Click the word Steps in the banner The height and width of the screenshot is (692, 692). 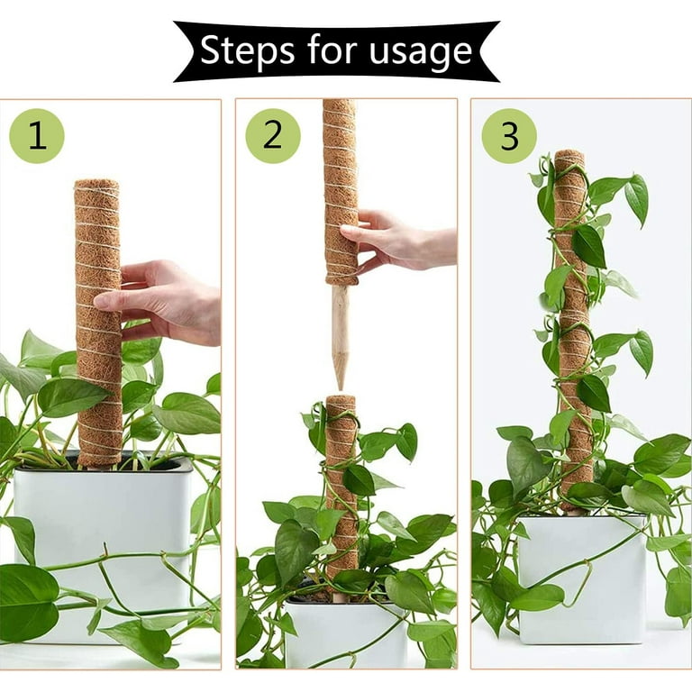tap(247, 50)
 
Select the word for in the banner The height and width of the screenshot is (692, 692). tap(332, 50)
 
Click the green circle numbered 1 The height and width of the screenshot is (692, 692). tap(37, 136)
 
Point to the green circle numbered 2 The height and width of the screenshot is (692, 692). tap(273, 135)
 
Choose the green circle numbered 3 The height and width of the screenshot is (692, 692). tap(509, 135)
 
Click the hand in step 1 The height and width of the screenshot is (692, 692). tap(163, 300)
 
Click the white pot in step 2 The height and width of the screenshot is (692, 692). tap(345, 631)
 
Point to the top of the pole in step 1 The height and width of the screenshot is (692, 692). tap(97, 184)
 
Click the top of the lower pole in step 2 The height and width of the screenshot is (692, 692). tap(341, 399)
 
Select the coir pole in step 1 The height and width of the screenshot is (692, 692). tap(99, 323)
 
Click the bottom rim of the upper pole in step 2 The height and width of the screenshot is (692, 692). tap(341, 280)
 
